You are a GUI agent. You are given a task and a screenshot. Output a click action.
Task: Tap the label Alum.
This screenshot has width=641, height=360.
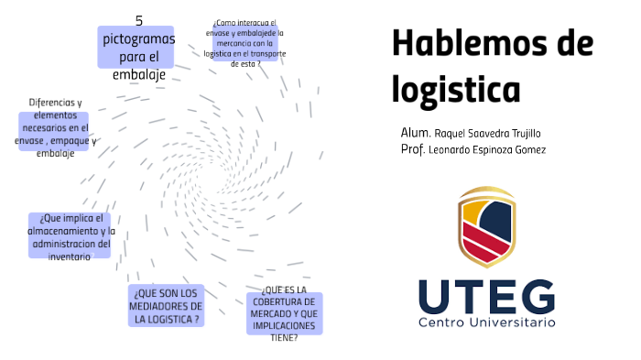coord(415,132)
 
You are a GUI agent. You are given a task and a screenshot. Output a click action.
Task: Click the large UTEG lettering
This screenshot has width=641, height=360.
coord(486,297)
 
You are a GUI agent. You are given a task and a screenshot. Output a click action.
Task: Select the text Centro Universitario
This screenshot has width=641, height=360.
coord(486,322)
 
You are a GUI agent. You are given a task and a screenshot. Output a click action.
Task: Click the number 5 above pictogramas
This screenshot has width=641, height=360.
coord(139,19)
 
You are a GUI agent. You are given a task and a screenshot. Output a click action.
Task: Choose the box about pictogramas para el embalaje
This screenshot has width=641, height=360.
coord(136,49)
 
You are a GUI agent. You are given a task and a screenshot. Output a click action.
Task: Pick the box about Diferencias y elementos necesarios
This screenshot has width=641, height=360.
coord(55,128)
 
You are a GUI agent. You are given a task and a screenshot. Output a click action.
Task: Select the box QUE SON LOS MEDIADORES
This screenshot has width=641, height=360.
coord(167,305)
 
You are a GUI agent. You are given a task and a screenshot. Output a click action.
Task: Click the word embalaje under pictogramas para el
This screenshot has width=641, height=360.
coord(139,75)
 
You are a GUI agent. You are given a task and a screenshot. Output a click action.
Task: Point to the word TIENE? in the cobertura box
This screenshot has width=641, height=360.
coord(284,337)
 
